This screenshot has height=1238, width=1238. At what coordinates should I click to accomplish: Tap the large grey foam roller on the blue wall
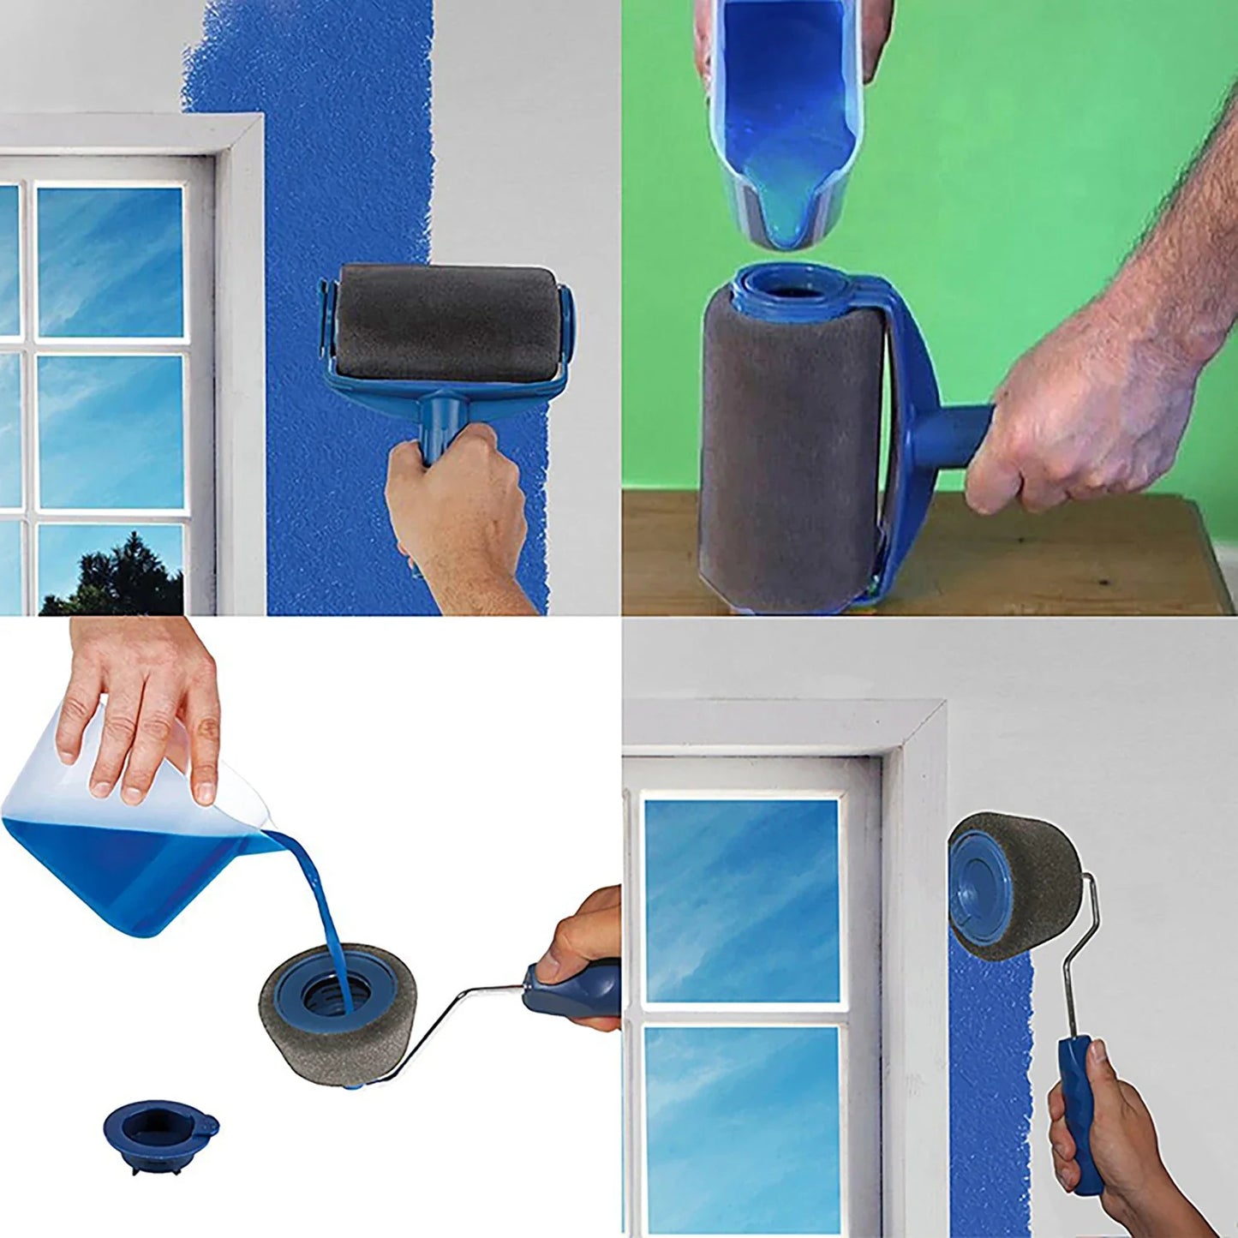pos(446,321)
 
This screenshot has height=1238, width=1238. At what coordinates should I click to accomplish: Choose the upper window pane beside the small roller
pos(741,900)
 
